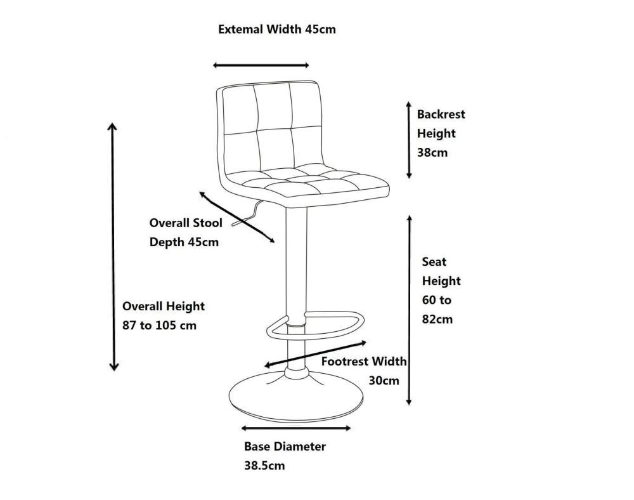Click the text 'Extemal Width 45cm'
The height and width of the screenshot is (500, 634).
coord(277,29)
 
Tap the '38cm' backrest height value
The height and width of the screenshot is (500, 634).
coord(432,152)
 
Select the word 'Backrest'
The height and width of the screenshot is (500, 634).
coord(441,114)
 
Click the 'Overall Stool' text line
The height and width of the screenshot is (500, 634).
coord(186,223)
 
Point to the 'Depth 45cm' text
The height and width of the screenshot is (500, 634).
coord(184,242)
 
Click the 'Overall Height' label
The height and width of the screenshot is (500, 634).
coord(164,306)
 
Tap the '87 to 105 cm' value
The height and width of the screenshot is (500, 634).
coord(159,326)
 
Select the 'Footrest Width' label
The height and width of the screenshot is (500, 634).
coord(364,361)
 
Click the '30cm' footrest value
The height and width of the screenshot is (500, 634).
coord(384,381)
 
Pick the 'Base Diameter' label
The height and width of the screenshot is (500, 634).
coord(285,446)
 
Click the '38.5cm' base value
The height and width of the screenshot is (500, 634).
coord(264,466)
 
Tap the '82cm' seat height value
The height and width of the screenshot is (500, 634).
coord(437,319)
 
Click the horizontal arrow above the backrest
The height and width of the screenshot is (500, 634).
coord(261,65)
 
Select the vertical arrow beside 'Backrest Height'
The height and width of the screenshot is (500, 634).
coord(409,140)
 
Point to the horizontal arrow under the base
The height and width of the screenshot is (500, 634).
coord(296,428)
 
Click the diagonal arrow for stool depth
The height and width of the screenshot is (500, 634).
coord(237,217)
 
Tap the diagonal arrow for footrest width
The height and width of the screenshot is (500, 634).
coord(315,354)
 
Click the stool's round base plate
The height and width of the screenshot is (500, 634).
coord(296,397)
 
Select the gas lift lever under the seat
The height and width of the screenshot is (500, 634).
coord(247,214)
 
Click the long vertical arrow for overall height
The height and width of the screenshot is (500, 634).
coord(113,247)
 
